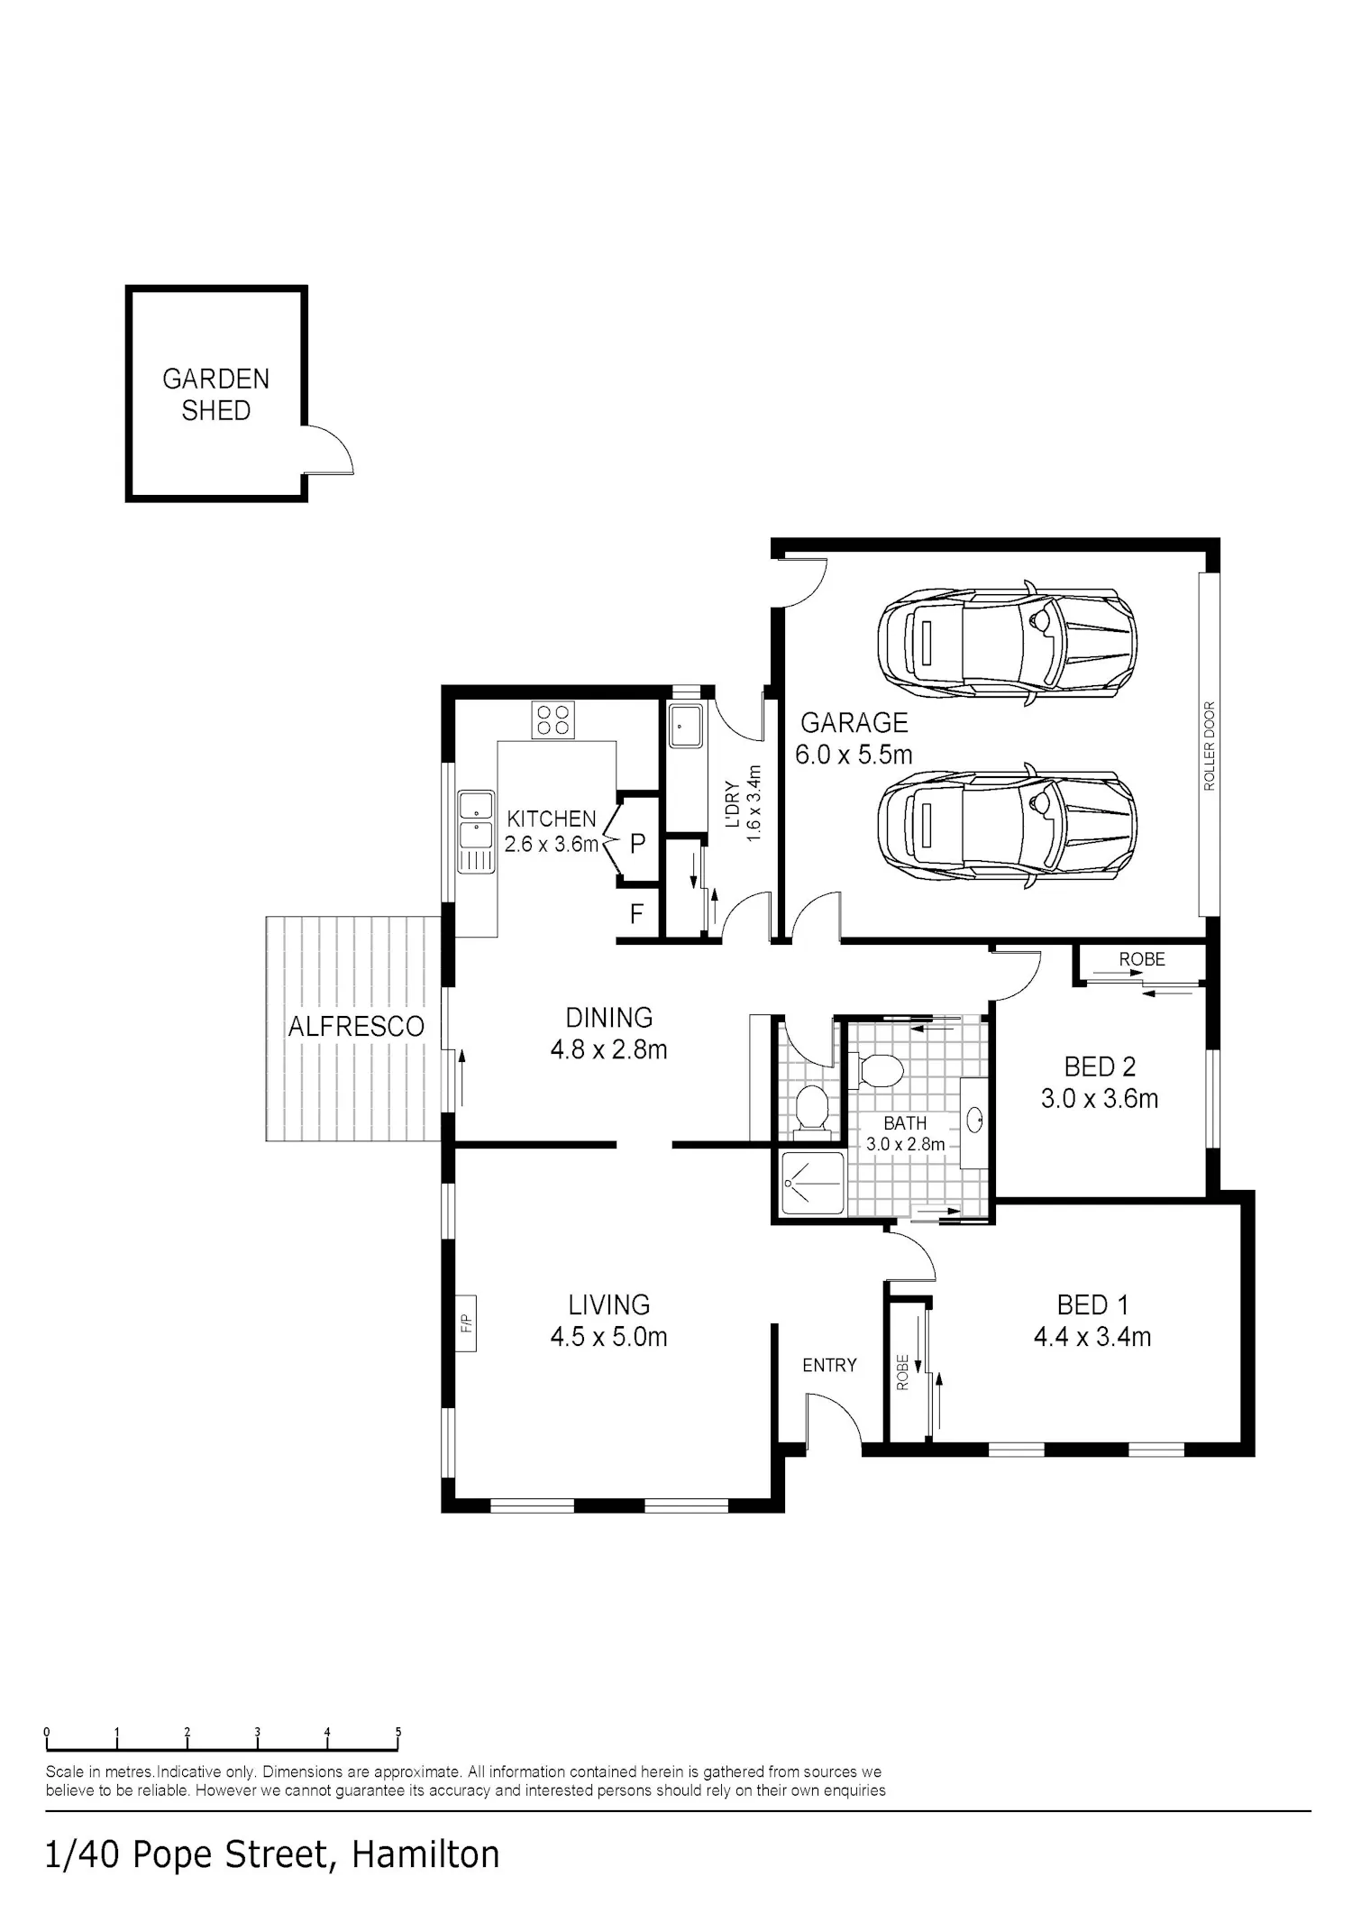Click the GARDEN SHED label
point(216,395)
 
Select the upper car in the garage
point(1007,643)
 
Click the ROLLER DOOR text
point(1210,746)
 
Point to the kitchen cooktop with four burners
point(553,719)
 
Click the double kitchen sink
point(475,831)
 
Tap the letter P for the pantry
point(637,844)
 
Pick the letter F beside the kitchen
point(636,914)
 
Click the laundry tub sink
point(685,726)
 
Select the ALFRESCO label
point(356,1026)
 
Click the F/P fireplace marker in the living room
point(466,1323)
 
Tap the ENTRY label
point(829,1366)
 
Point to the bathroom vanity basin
point(973,1121)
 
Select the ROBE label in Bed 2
point(1142,959)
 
